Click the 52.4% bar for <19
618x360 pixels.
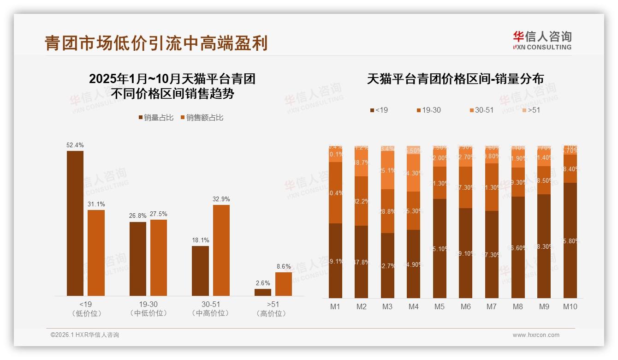coord(75,223)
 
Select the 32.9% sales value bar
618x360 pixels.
coord(221,250)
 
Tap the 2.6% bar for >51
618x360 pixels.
coord(263,292)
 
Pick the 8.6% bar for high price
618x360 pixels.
coord(284,284)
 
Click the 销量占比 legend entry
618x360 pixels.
coord(156,118)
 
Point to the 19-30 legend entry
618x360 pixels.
coord(428,110)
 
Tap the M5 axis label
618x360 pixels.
coord(440,306)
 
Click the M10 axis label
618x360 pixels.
coord(570,306)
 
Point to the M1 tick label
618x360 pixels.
coord(335,306)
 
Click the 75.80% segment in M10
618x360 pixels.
coord(570,240)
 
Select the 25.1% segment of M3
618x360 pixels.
coord(387,170)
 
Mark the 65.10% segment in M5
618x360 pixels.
coord(440,248)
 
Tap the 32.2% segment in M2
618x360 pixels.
coord(362,201)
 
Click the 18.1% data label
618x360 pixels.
coord(201,240)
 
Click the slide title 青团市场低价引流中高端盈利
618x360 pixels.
coord(156,43)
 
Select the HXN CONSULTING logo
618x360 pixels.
coord(542,41)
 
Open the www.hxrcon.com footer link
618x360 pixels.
coord(536,335)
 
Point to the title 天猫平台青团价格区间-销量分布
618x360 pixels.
coord(455,79)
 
